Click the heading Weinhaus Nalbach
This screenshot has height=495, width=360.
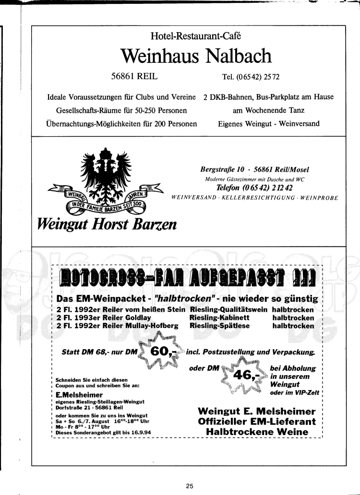196,57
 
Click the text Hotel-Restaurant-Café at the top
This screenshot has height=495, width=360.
195,35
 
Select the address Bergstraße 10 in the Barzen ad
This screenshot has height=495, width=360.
222,169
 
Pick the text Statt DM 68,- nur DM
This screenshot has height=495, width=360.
100,352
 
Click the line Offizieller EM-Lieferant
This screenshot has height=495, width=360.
257,422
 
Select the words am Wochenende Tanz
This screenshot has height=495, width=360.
268,110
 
